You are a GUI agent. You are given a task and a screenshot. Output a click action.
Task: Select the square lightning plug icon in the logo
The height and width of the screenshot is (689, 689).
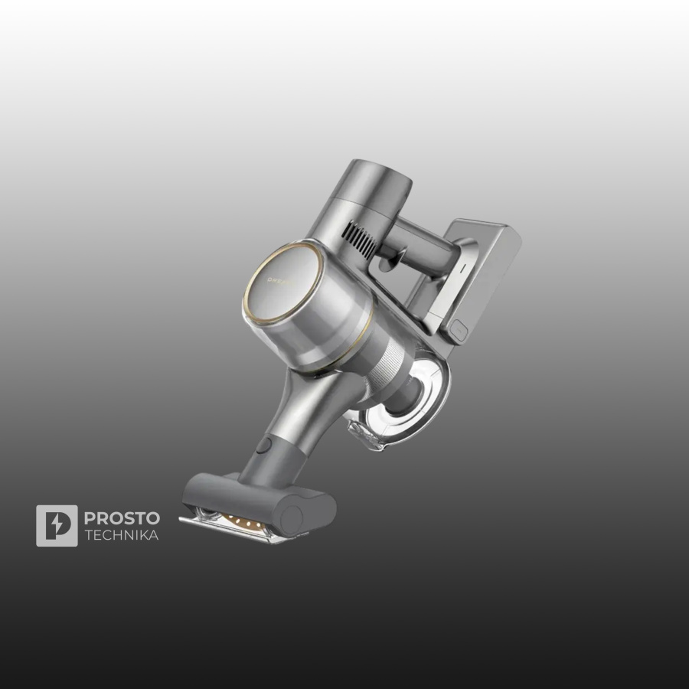point(57,525)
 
